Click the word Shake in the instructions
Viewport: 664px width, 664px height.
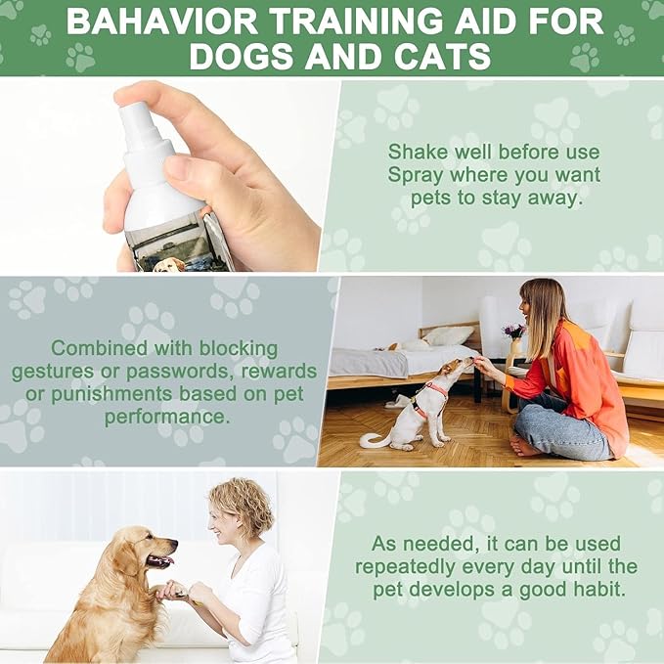[x=420, y=152]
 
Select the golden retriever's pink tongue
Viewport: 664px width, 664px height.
[x=162, y=561]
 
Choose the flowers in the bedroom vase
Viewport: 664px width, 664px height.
[x=513, y=332]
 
